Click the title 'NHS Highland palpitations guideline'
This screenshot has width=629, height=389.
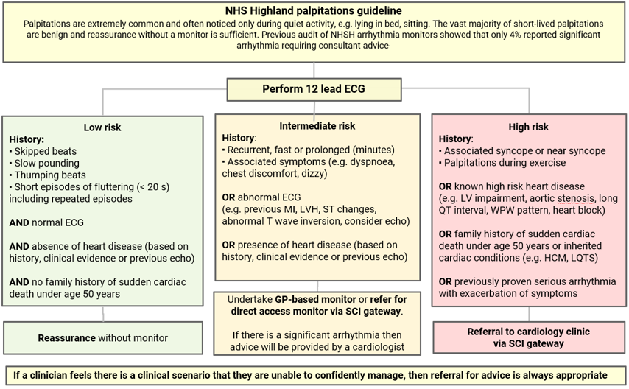(x=314, y=10)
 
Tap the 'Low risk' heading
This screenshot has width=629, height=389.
(x=102, y=127)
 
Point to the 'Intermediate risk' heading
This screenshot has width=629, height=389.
(x=317, y=125)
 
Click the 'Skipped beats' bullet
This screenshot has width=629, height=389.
(x=45, y=152)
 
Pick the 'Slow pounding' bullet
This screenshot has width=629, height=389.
(x=46, y=164)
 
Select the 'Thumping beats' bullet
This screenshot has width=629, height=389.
(x=49, y=175)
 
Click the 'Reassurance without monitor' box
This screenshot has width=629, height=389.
(x=102, y=338)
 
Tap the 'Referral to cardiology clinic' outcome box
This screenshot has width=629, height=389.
(x=528, y=337)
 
